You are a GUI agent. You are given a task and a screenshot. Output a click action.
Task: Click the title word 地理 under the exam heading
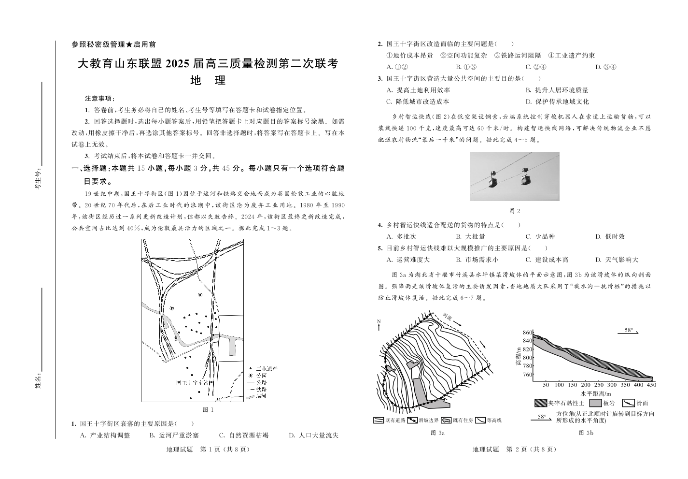208,81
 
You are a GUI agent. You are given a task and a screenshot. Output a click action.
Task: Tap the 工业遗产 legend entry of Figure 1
267,368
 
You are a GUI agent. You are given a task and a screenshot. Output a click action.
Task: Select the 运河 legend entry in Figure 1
261,396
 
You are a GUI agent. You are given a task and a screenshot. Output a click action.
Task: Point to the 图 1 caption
208,409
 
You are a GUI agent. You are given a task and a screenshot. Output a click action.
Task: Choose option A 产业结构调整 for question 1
105,435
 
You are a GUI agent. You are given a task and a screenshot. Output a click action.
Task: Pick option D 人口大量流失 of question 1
313,435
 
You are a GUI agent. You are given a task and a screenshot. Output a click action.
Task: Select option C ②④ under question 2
535,67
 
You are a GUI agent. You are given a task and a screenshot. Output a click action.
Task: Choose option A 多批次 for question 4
401,236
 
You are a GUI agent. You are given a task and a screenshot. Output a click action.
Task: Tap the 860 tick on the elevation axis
527,332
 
